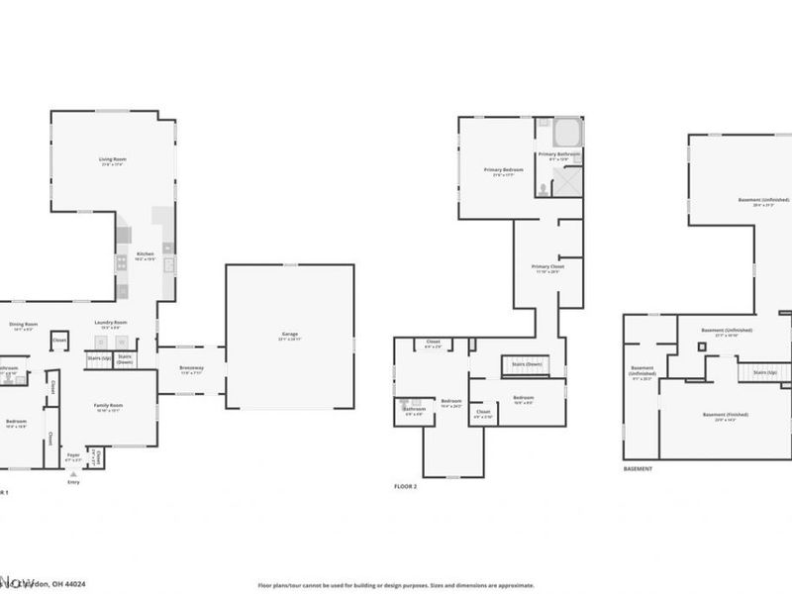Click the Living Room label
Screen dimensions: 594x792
[x=112, y=159]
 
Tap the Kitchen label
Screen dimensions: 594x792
[x=146, y=255]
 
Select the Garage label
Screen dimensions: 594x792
[x=289, y=334]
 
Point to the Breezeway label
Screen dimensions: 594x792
[x=191, y=368]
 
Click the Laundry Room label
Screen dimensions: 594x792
[x=111, y=323]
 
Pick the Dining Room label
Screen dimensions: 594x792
[x=23, y=325]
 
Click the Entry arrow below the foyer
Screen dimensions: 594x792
[x=73, y=475]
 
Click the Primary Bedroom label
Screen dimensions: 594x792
[x=502, y=170]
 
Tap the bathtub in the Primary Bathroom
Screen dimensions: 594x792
[x=566, y=133]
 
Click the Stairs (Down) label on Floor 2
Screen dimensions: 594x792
[x=526, y=364]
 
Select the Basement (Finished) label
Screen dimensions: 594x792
[x=726, y=415]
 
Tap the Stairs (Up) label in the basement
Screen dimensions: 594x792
[x=764, y=372]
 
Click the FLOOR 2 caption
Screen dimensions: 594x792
[x=406, y=487]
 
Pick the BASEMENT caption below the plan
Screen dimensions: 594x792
[x=639, y=468]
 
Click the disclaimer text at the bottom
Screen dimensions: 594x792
[x=397, y=585]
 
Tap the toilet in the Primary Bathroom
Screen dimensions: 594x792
[x=544, y=188]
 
